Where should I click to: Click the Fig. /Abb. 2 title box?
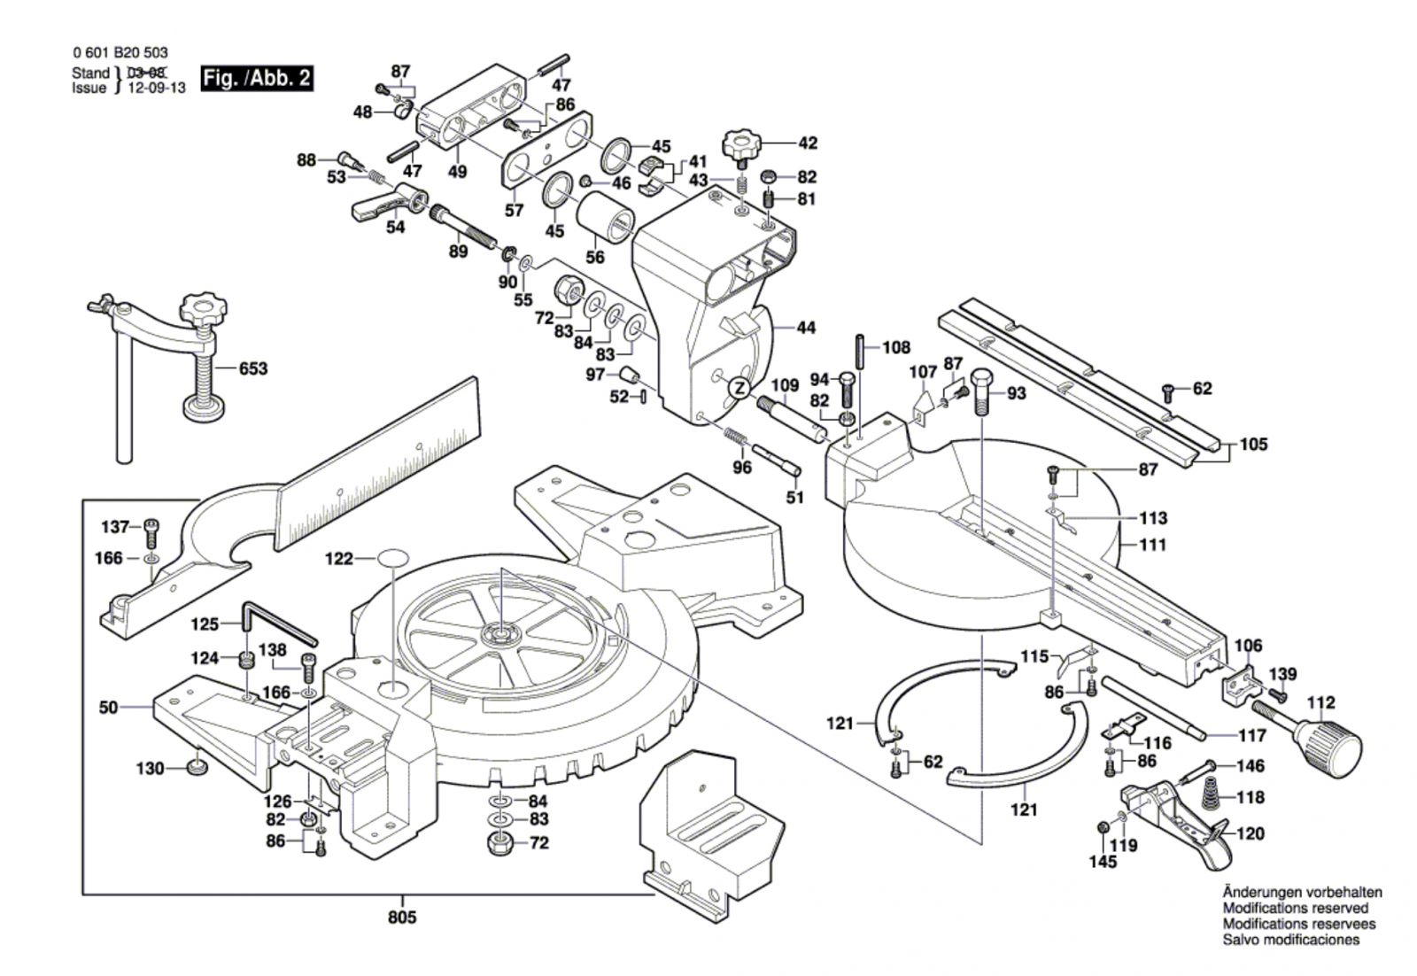tap(257, 78)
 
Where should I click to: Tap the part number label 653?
tap(252, 368)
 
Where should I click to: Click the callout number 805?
tap(402, 918)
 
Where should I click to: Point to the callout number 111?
tap(1152, 546)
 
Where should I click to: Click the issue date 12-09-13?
tap(158, 88)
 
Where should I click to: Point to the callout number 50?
tap(108, 707)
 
